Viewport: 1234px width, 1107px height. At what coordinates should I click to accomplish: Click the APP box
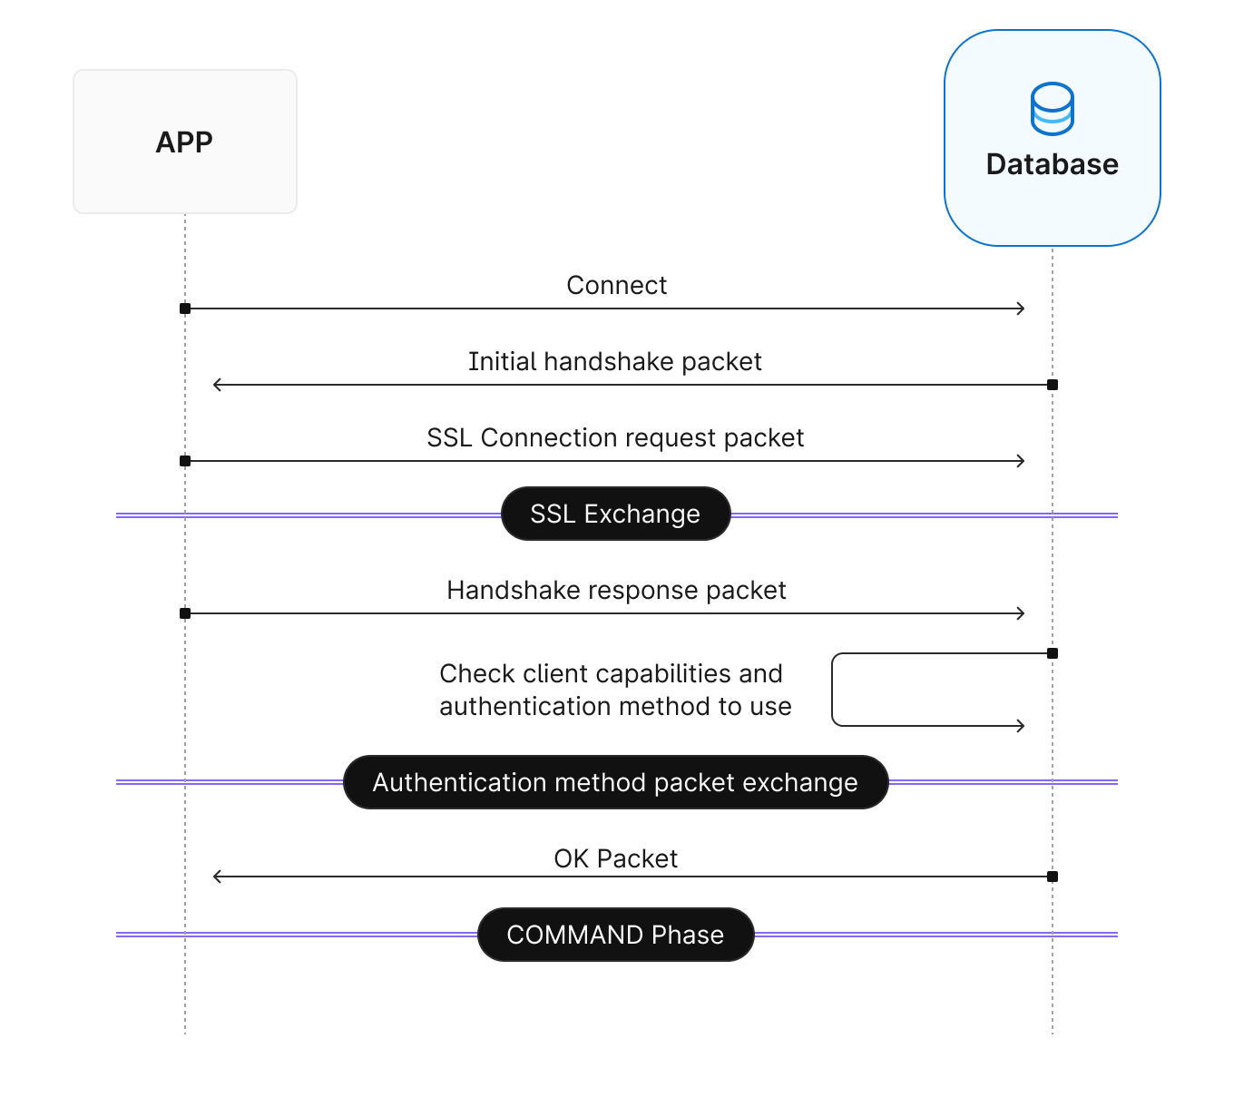(185, 142)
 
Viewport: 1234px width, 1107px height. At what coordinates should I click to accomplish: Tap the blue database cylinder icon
(1052, 109)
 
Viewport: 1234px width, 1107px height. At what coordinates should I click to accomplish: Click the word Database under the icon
(1052, 164)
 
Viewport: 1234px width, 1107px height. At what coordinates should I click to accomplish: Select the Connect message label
(616, 286)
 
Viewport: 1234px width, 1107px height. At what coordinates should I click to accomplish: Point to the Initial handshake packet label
(614, 362)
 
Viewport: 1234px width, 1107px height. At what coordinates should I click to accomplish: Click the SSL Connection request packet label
(615, 438)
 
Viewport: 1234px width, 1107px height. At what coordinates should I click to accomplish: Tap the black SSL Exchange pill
(615, 514)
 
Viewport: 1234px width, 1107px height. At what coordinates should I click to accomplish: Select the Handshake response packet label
(616, 591)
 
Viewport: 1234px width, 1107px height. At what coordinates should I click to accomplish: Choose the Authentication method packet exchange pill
(615, 782)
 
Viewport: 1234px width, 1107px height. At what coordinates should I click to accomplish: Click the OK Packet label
(615, 859)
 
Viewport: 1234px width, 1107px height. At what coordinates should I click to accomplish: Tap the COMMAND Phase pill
(615, 935)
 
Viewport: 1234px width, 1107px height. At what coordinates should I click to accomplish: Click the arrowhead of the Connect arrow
(1021, 309)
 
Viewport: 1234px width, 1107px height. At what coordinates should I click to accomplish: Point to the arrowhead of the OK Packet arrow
(217, 877)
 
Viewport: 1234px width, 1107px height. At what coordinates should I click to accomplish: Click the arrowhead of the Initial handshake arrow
(217, 385)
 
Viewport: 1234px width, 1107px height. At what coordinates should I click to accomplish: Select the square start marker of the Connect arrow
(185, 309)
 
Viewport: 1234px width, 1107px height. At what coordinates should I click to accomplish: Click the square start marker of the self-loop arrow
(1053, 653)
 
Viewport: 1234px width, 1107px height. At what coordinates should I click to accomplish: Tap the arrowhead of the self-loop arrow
(1021, 726)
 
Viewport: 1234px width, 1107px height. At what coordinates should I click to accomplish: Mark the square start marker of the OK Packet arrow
(1053, 877)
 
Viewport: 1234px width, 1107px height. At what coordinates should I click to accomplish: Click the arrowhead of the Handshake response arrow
(1021, 613)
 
